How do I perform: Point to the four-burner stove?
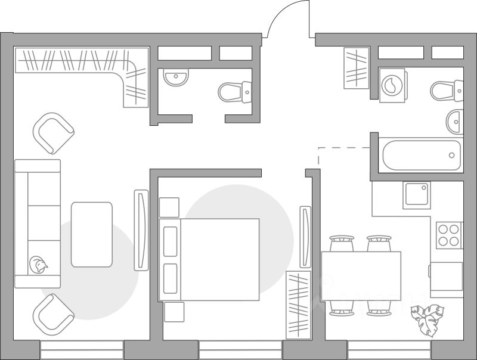coord(449,235)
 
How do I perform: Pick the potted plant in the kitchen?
coord(428,319)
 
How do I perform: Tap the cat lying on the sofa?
coord(39,265)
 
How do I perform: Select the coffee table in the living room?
coord(92,234)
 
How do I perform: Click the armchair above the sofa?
coord(54,133)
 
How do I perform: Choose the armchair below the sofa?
coord(54,313)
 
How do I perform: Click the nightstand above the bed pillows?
coord(169,207)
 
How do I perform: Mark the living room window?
coord(82,350)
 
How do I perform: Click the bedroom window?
coord(240,350)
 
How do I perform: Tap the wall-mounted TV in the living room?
coord(141,230)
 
